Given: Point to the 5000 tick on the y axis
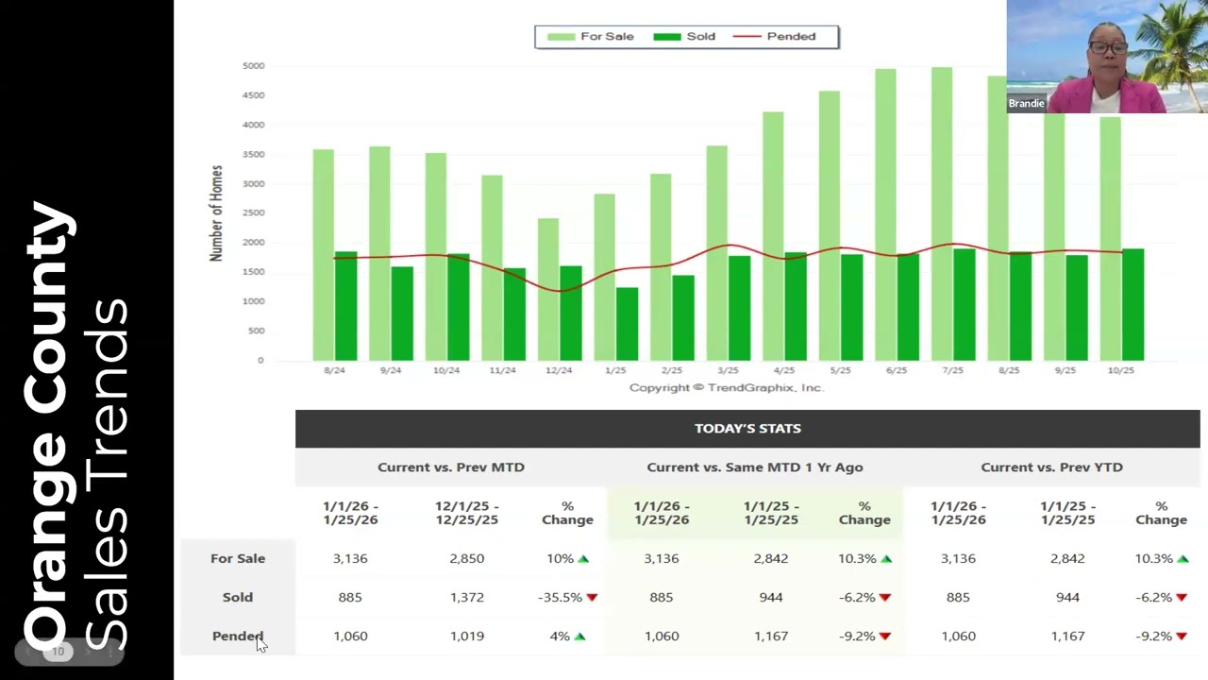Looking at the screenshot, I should click(253, 66).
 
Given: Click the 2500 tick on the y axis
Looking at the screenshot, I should click(253, 213).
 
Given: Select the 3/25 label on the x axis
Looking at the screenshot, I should click(728, 370).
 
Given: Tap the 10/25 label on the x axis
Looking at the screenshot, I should click(1120, 370).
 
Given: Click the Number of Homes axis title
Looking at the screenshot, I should click(217, 213).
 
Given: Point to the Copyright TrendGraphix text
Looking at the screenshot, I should click(726, 388).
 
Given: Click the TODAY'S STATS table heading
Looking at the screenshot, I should click(747, 429).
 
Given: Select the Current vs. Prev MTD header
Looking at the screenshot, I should click(451, 467).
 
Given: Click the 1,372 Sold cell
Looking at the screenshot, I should click(466, 597).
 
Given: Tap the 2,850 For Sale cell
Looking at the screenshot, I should click(466, 558).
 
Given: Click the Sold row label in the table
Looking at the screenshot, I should click(238, 597).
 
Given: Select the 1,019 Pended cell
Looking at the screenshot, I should click(466, 636).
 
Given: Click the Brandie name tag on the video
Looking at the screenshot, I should click(1026, 104).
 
